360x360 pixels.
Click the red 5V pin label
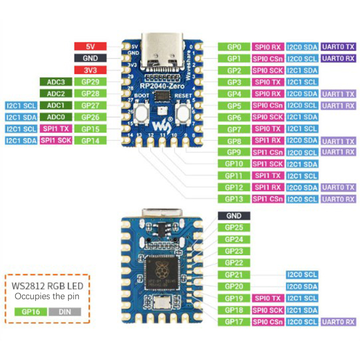pyautogui.click(x=90, y=46)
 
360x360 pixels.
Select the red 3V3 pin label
pyautogui.click(x=90, y=70)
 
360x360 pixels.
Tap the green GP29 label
pyautogui.click(x=90, y=82)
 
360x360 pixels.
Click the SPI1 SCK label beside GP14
pyautogui.click(x=56, y=140)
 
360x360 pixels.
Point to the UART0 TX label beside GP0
pyautogui.click(x=338, y=46)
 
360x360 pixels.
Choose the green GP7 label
pyautogui.click(x=234, y=129)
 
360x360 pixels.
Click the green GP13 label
pyautogui.click(x=234, y=199)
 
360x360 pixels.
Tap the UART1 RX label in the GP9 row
pyautogui.click(x=338, y=153)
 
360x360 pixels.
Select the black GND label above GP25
pyautogui.click(x=234, y=216)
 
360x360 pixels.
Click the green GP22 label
pyautogui.click(x=234, y=263)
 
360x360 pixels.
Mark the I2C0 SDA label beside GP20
pyautogui.click(x=302, y=287)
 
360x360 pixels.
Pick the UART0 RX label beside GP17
pyautogui.click(x=338, y=322)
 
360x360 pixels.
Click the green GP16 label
pyautogui.click(x=31, y=311)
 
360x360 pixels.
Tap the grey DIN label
pyautogui.click(x=65, y=311)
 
